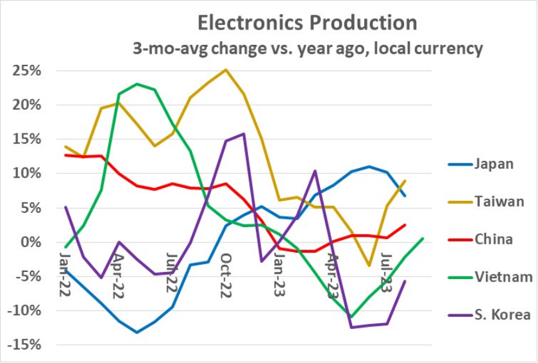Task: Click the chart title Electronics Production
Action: [307, 23]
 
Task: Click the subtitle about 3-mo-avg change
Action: [307, 49]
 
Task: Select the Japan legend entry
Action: [494, 164]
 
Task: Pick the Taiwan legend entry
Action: [499, 201]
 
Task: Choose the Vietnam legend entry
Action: [503, 277]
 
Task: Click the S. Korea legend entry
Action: [502, 315]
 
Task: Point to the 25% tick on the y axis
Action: [27, 71]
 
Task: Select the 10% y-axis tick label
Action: [27, 174]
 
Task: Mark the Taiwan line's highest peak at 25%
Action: [226, 70]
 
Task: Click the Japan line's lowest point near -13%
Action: [137, 332]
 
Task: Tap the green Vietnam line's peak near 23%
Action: [137, 84]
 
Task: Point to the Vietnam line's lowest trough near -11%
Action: [351, 317]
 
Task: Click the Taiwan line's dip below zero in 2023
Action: [369, 265]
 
